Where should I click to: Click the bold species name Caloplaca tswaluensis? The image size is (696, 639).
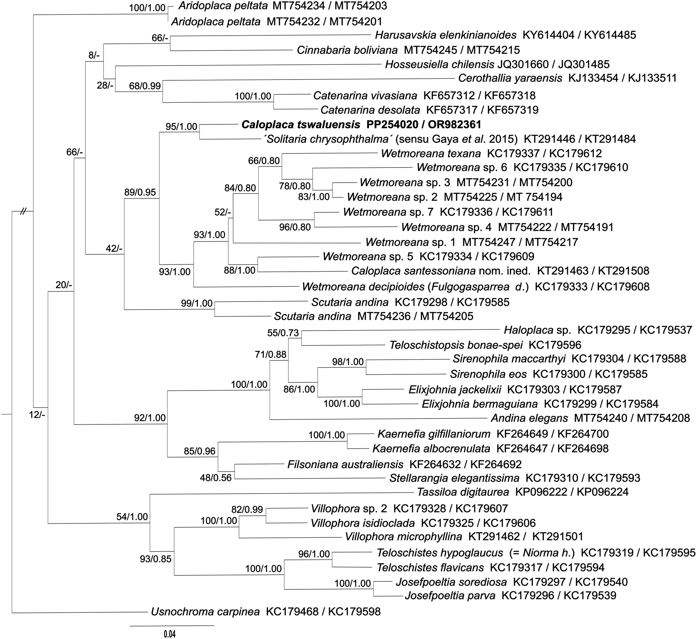tap(300, 125)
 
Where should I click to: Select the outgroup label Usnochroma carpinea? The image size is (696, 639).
tap(205, 612)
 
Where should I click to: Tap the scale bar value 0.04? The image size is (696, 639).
tap(170, 634)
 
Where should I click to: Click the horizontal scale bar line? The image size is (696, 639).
tap(172, 625)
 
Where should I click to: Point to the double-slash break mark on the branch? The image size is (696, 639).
tap(24, 212)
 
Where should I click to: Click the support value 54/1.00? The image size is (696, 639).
tap(132, 517)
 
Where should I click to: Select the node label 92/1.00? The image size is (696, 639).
tap(150, 418)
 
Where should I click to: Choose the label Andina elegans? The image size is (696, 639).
tap(529, 418)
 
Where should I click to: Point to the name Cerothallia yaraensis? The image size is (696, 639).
tap(510, 78)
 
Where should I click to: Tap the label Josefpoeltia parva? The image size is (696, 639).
tap(450, 595)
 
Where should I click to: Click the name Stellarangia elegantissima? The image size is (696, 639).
tap(454, 478)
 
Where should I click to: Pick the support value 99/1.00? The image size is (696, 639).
tap(197, 304)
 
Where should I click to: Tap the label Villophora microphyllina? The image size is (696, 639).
tap(403, 537)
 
